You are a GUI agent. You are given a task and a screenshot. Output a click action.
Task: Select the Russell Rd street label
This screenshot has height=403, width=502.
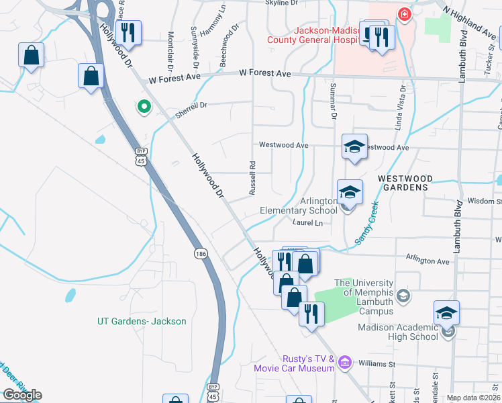click(x=252, y=178)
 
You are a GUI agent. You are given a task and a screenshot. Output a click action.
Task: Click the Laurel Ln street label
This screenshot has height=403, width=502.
click(x=307, y=222)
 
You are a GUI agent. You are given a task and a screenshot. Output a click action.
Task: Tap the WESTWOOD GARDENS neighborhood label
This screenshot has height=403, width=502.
click(x=402, y=183)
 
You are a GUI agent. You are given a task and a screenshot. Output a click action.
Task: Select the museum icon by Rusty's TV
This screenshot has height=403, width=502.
click(x=345, y=363)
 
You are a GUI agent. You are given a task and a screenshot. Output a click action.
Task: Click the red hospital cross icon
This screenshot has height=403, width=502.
click(x=404, y=14)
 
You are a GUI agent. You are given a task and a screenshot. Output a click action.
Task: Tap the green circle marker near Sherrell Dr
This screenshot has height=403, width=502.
click(x=143, y=106)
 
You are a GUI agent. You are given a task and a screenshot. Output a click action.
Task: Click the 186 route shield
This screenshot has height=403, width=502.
click(x=200, y=253)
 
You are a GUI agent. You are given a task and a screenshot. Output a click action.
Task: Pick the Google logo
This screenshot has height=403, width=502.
click(x=21, y=395)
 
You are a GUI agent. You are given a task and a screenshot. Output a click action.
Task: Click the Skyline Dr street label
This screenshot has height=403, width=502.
click(x=281, y=3)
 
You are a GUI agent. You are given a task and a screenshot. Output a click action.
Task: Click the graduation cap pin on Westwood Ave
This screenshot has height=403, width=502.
click(x=354, y=146)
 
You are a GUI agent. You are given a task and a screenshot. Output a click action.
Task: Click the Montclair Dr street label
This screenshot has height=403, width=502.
click(x=170, y=52)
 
